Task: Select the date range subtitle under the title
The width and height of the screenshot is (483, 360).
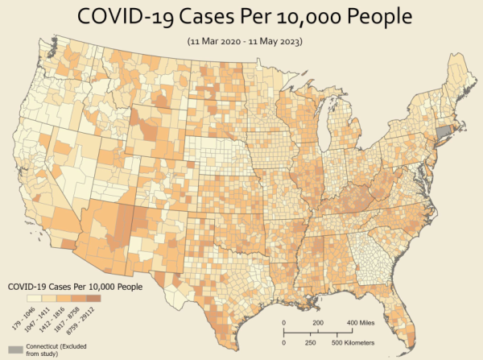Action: [241, 40]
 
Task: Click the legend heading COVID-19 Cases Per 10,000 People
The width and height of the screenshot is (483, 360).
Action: [75, 286]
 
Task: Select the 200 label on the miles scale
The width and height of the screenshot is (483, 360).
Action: [317, 322]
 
